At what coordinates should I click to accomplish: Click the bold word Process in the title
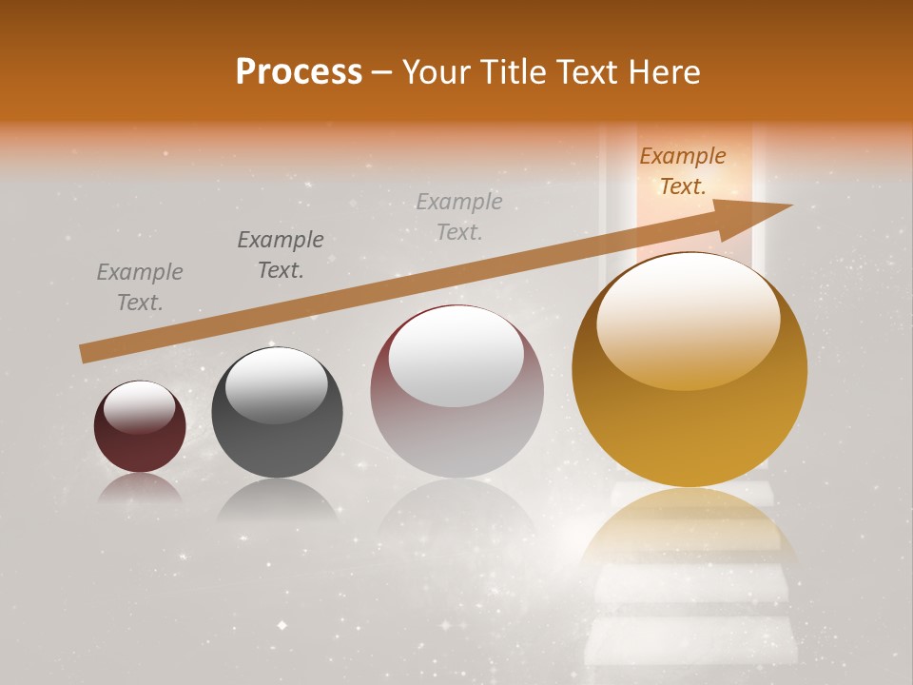click(299, 72)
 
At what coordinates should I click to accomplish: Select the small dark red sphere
click(140, 427)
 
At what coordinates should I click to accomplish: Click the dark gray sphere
click(277, 413)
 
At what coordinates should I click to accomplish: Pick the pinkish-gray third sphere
click(456, 392)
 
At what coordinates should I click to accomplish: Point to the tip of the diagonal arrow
click(791, 205)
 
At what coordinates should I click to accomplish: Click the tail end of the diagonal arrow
click(84, 354)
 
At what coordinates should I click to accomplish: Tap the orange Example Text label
click(682, 171)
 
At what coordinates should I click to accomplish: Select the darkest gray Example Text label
click(280, 255)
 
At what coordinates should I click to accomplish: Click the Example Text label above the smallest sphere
click(140, 287)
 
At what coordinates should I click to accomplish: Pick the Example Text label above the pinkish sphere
click(459, 216)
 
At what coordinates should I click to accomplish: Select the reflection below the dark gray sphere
click(277, 499)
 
